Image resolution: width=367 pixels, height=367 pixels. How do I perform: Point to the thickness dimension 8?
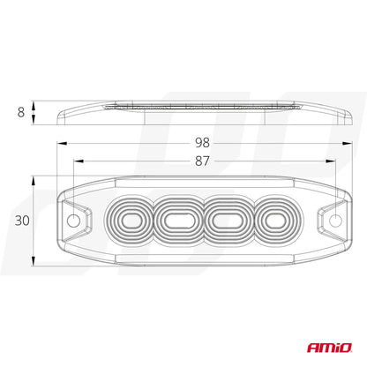pos(19,113)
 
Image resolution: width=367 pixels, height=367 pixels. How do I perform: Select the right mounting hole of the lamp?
pos(336,218)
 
